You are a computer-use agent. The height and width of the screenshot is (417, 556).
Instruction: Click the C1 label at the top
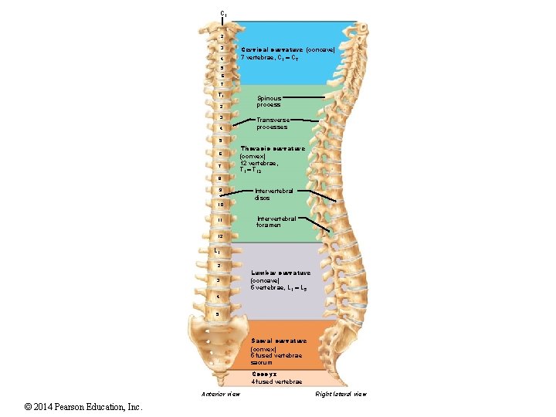tap(222, 13)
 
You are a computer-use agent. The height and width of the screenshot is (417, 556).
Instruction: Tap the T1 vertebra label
tap(221, 93)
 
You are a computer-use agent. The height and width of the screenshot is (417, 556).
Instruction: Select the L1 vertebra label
tap(219, 251)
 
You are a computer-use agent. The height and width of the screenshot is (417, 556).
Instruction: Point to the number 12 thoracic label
tap(220, 236)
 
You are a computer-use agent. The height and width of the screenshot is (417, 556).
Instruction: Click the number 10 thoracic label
tap(220, 205)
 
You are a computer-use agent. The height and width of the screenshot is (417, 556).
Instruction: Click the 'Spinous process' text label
tap(269, 101)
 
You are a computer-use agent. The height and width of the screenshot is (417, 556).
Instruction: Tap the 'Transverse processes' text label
tap(272, 124)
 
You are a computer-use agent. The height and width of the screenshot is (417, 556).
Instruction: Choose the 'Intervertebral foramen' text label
tap(276, 222)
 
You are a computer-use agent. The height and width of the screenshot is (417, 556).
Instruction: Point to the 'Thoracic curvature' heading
tap(272, 147)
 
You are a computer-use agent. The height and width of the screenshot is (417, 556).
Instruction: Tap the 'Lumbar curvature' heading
tap(280, 273)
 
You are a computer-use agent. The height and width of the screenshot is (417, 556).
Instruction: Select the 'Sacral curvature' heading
tap(278, 341)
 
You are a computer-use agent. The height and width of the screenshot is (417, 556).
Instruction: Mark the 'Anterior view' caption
tap(220, 394)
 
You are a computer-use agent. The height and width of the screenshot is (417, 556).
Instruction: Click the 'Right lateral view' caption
tap(341, 394)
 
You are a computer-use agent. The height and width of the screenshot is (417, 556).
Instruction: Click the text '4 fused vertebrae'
tap(276, 381)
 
